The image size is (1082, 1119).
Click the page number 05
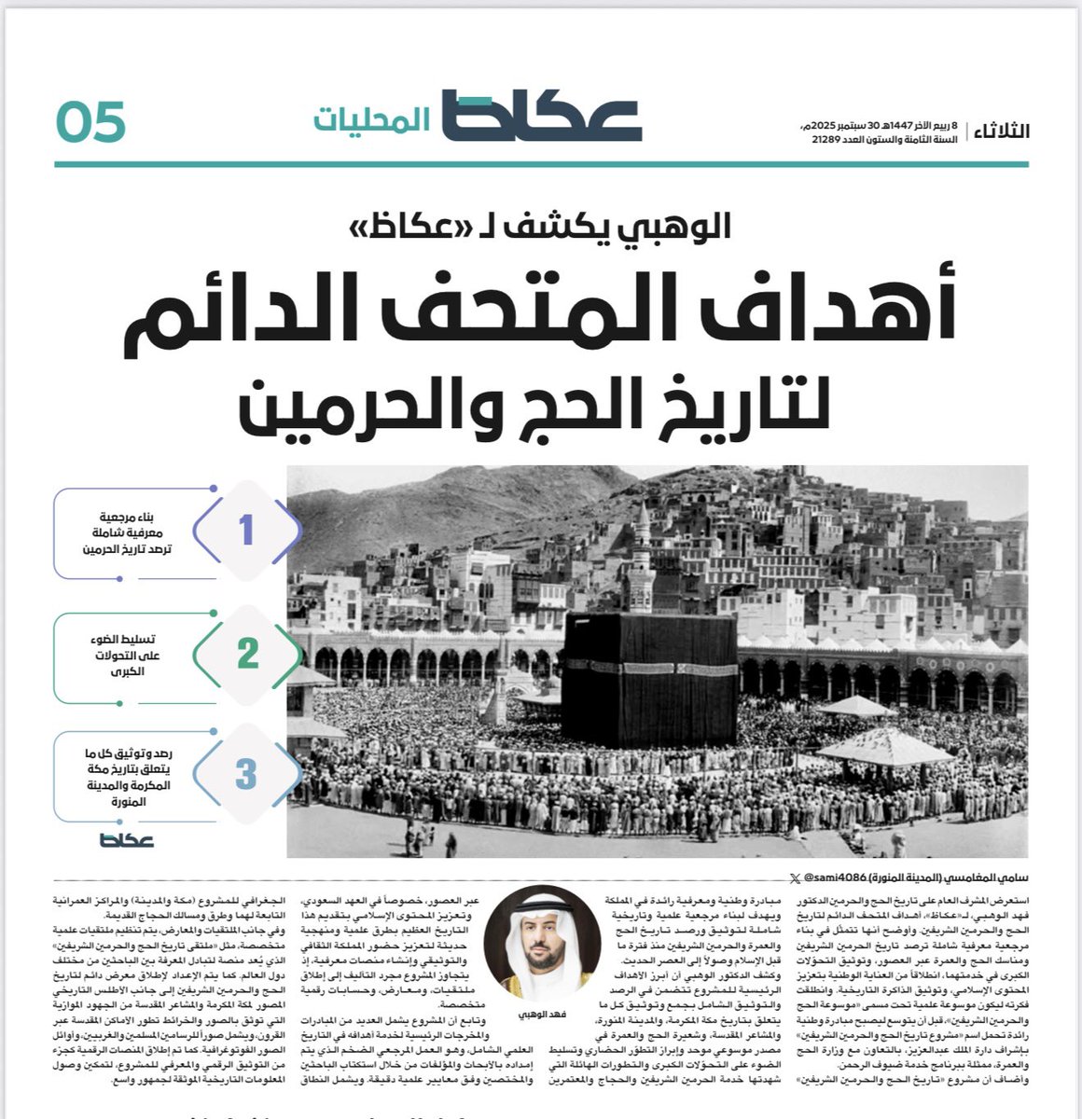(90, 123)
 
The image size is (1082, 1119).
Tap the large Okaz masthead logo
(541, 116)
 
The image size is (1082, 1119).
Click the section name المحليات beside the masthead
(371, 121)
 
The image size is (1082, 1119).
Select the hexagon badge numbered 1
(246, 531)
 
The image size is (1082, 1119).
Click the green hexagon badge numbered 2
(247, 654)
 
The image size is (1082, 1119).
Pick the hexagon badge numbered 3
(246, 774)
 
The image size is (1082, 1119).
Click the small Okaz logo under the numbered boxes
(127, 840)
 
